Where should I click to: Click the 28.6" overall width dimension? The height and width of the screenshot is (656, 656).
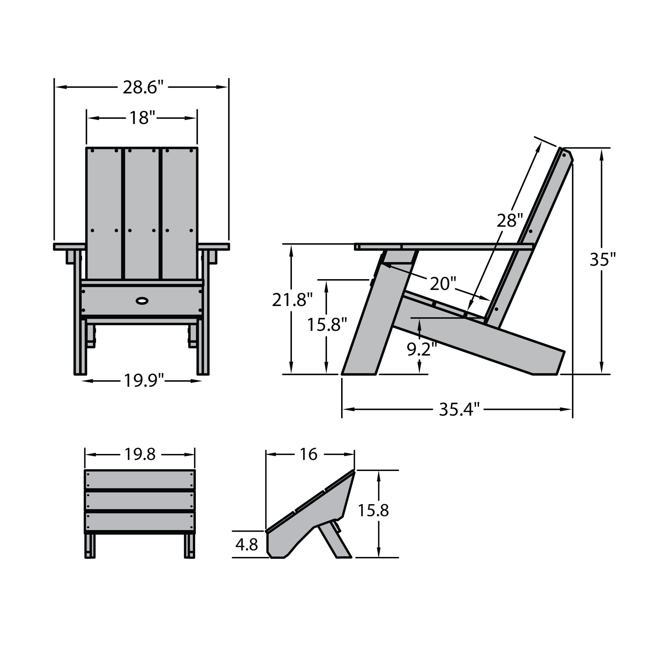pyautogui.click(x=143, y=88)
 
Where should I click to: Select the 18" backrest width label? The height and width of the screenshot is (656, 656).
pyautogui.click(x=142, y=118)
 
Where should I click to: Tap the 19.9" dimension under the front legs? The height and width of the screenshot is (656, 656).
pyautogui.click(x=143, y=380)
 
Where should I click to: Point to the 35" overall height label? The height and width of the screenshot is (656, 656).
pyautogui.click(x=602, y=260)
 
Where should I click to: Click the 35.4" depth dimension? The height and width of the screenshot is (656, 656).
pyautogui.click(x=459, y=409)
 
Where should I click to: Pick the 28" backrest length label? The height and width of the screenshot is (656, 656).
pyautogui.click(x=509, y=221)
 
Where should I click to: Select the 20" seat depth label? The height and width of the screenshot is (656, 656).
pyautogui.click(x=442, y=283)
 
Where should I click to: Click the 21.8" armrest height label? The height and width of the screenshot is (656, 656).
pyautogui.click(x=292, y=300)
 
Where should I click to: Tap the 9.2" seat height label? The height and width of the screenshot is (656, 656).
pyautogui.click(x=421, y=349)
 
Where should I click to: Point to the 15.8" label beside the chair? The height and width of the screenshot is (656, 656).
pyautogui.click(x=327, y=325)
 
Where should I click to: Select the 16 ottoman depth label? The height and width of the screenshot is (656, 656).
pyautogui.click(x=308, y=454)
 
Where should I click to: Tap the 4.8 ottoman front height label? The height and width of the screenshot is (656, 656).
pyautogui.click(x=247, y=544)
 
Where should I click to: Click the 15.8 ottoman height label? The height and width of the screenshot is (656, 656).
pyautogui.click(x=373, y=510)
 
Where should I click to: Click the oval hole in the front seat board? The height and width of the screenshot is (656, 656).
pyautogui.click(x=142, y=300)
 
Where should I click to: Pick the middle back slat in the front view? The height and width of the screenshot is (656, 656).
pyautogui.click(x=142, y=214)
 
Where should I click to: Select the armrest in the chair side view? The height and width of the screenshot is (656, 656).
pyautogui.click(x=441, y=247)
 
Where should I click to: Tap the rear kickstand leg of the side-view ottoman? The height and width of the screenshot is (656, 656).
pyautogui.click(x=335, y=540)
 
